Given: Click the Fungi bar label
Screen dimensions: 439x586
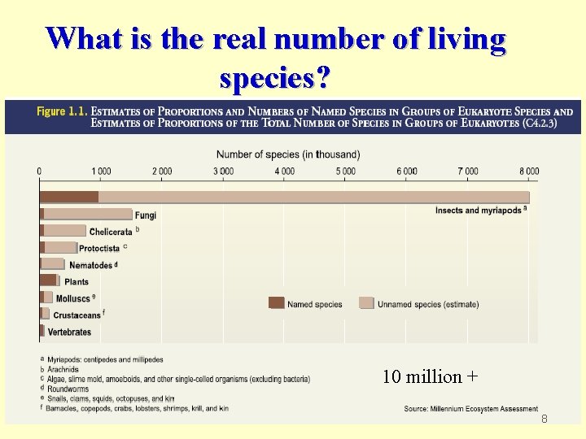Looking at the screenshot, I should (x=146, y=215).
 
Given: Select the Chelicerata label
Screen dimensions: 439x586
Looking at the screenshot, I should (x=111, y=232).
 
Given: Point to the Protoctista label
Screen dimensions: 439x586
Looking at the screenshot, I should (x=99, y=249).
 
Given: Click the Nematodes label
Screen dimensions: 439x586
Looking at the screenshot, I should (x=91, y=265).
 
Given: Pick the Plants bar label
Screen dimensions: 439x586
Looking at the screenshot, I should (x=77, y=282).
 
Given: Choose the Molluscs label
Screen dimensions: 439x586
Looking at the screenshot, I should (x=74, y=298).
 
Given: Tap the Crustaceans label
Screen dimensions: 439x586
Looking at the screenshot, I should (x=77, y=315).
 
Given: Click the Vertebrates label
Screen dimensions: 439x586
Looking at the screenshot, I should (x=69, y=332).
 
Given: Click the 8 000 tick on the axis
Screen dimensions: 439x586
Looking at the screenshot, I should (x=529, y=171).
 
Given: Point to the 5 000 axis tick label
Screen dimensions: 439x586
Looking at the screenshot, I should (x=345, y=171).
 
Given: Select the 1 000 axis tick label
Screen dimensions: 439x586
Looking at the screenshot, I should (x=101, y=171).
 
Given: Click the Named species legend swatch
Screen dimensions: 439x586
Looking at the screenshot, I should (x=277, y=304).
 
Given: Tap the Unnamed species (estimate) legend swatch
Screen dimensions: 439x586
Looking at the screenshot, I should (x=366, y=304).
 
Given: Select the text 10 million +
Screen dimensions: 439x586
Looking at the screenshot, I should (x=430, y=376).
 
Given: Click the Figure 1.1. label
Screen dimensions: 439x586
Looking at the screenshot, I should (x=62, y=112).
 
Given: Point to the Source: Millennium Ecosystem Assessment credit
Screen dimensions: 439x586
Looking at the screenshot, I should (x=470, y=408).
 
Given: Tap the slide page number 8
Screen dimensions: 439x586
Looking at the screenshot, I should (x=545, y=418).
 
